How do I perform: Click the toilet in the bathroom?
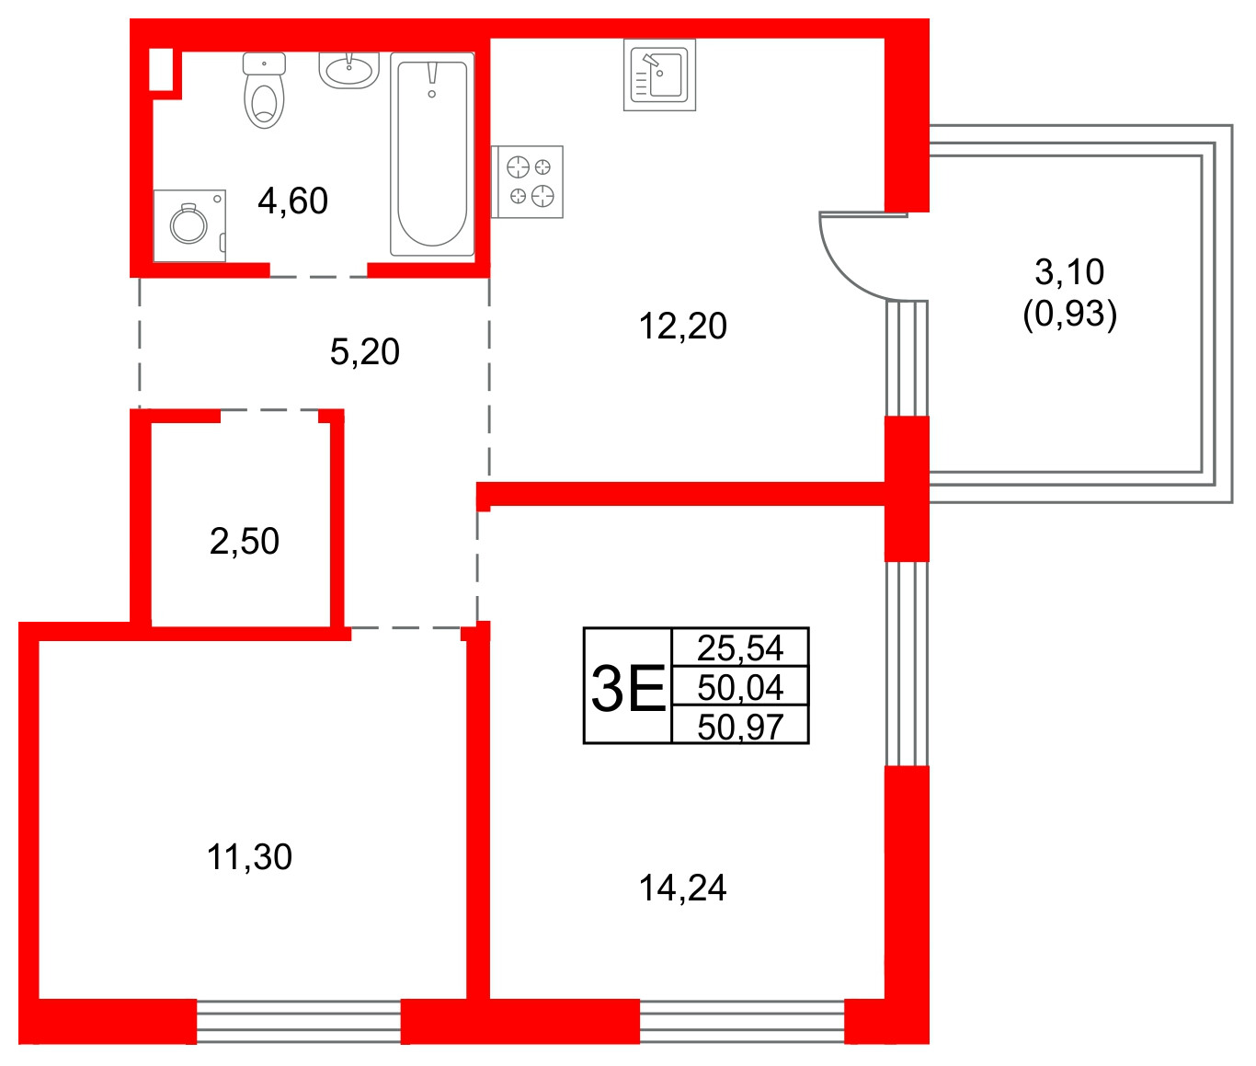(264, 92)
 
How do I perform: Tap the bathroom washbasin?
(349, 70)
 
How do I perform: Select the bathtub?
(432, 154)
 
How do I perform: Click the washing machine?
(189, 225)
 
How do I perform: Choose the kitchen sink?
(659, 75)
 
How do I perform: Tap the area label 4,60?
(292, 201)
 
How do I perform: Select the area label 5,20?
(364, 351)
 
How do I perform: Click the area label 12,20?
(682, 326)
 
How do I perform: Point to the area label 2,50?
(244, 541)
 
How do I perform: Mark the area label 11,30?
(249, 856)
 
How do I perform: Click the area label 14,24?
(682, 888)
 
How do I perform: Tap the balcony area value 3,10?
(1069, 271)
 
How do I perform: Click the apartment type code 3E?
(628, 687)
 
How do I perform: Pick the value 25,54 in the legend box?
(740, 648)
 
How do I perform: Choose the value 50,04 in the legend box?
(740, 687)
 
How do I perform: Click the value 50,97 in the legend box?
(740, 727)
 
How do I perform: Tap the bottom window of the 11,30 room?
(299, 1021)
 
